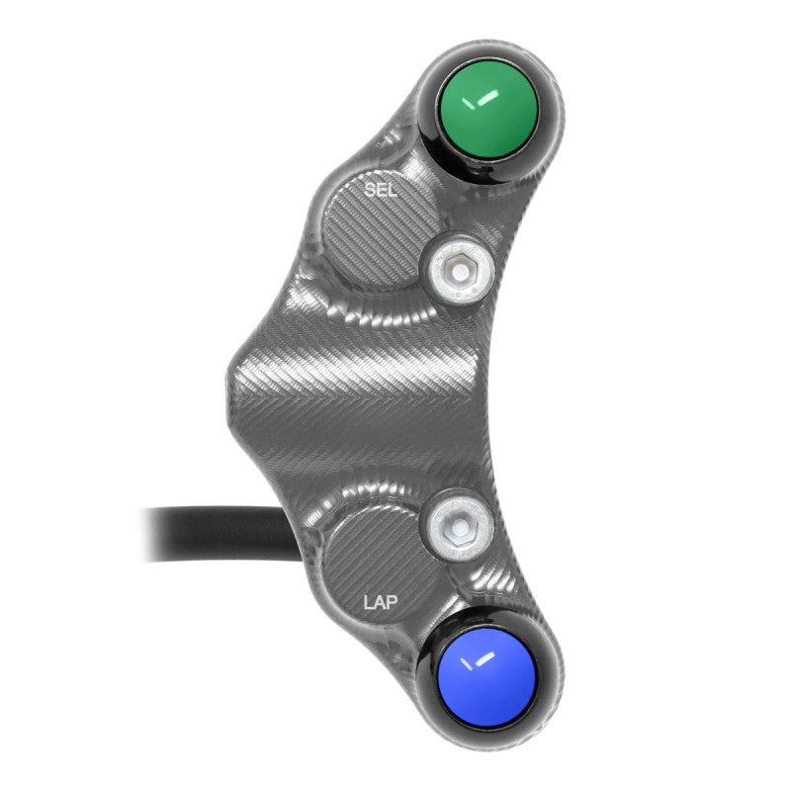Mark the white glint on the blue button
[479, 674]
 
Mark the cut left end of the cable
[148, 535]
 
